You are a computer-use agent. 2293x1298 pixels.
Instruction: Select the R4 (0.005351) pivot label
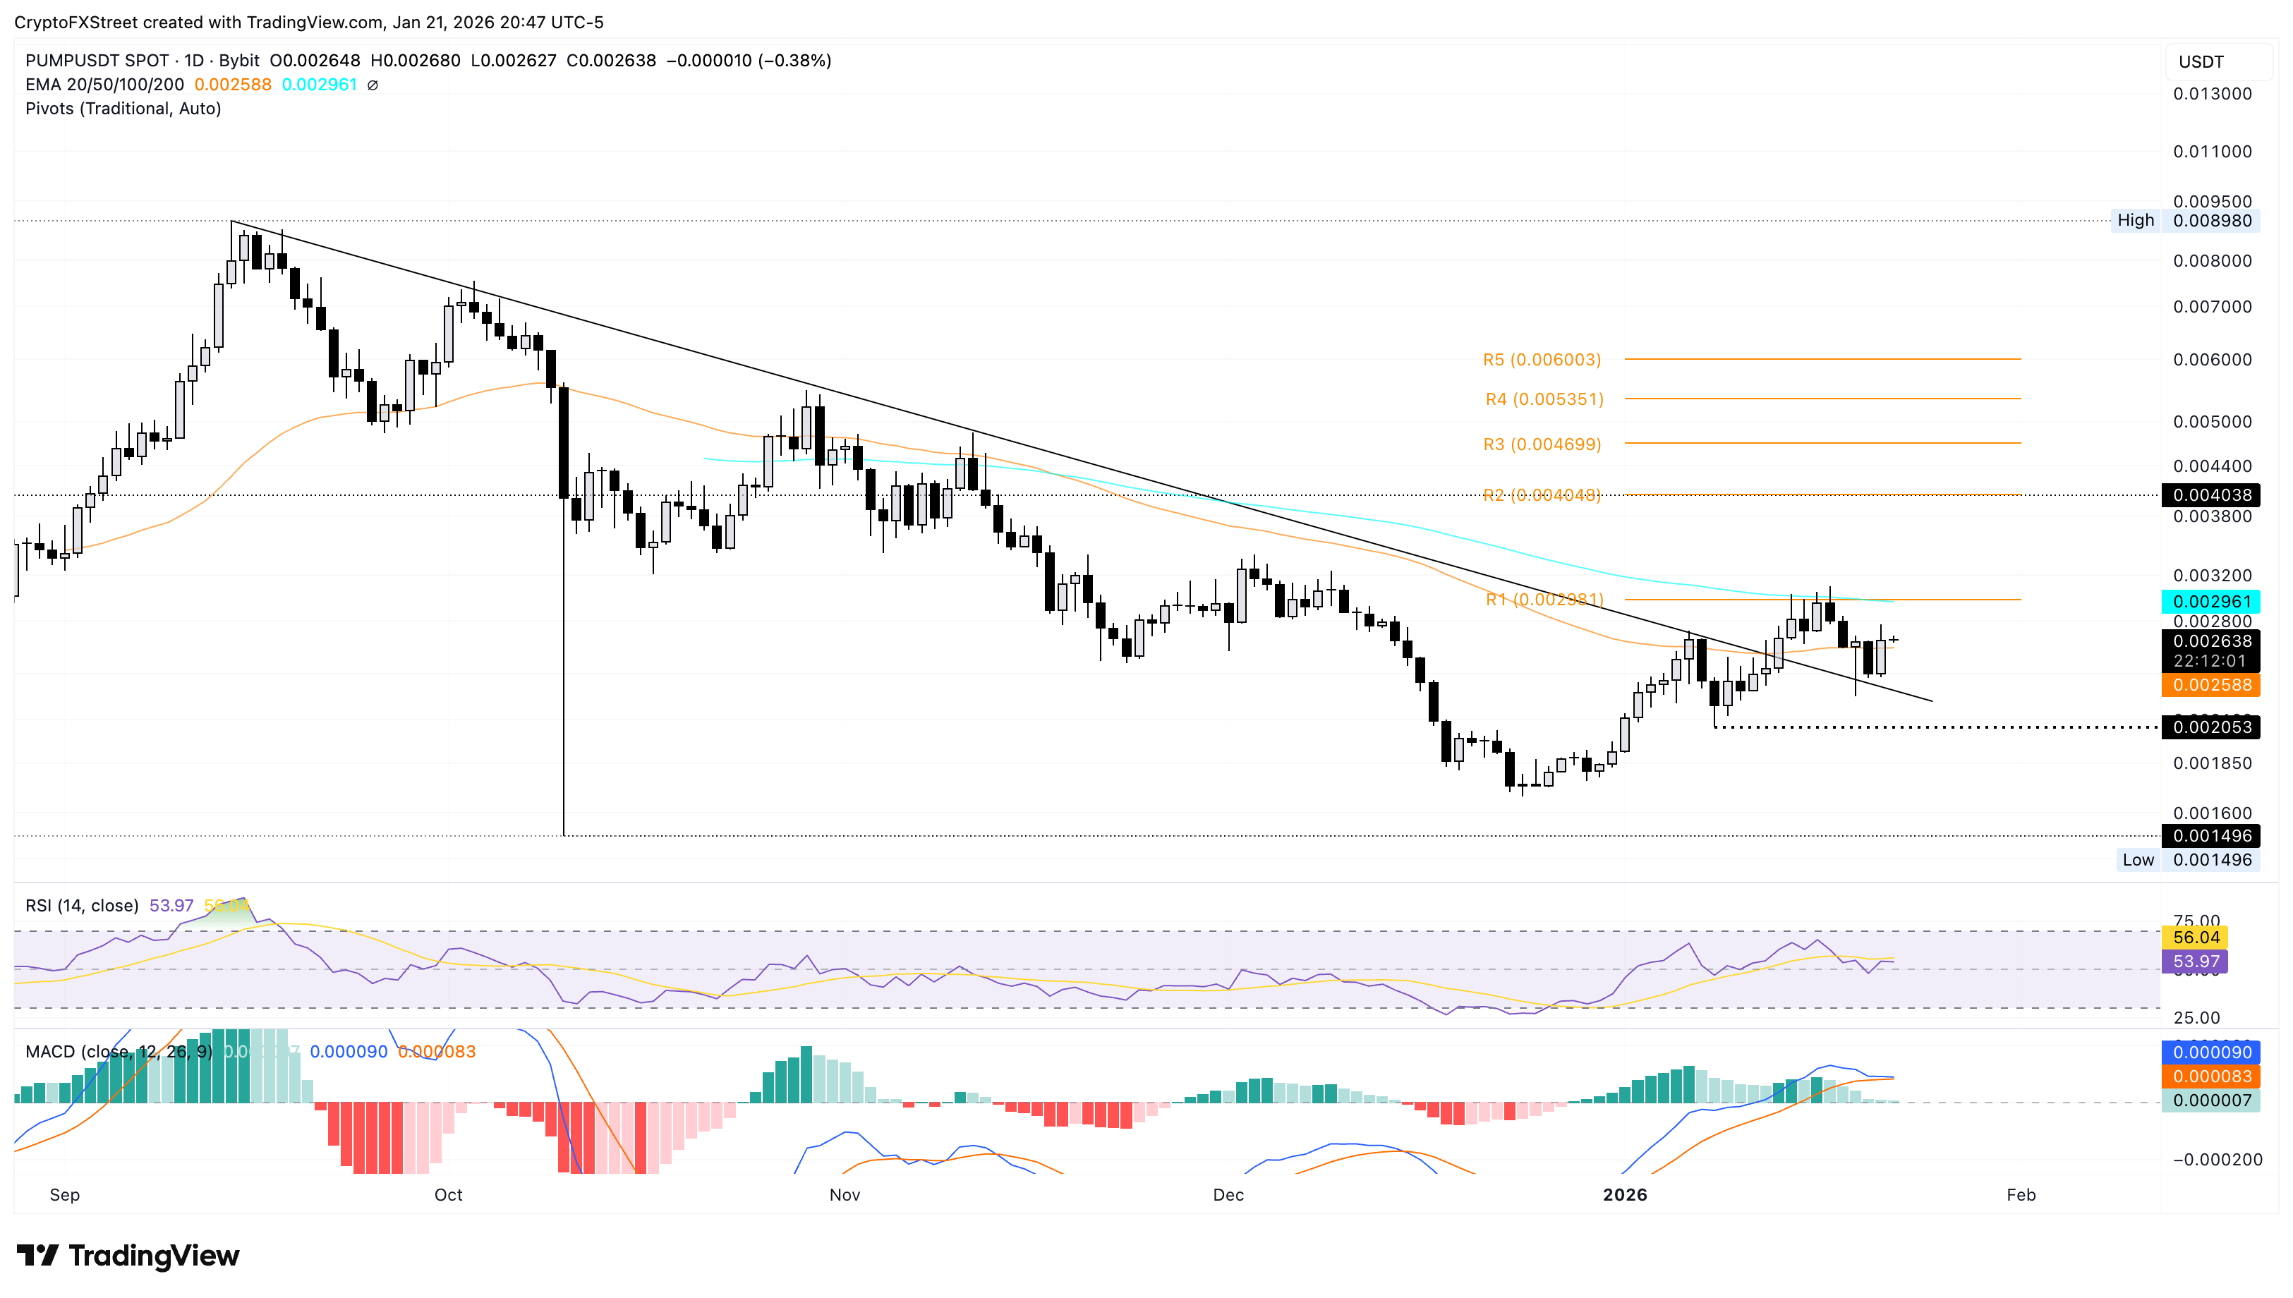tap(1543, 399)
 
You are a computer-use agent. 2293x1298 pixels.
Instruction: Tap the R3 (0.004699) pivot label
tap(1542, 444)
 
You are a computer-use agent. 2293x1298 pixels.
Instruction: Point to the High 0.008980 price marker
tap(2184, 220)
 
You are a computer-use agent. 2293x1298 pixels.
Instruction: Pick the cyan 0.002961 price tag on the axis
tap(2211, 601)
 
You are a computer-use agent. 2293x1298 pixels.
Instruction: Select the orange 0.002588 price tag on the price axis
tap(2211, 685)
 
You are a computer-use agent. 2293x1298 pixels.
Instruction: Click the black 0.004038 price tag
tap(2211, 495)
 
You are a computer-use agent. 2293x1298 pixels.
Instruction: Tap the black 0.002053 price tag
tap(2211, 727)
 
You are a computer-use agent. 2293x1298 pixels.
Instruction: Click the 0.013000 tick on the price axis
tap(2211, 94)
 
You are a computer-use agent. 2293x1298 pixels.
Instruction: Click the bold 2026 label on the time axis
tap(1624, 1194)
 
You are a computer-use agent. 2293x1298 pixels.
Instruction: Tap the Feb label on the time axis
tap(2020, 1194)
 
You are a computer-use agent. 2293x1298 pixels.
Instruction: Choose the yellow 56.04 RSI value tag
tap(2195, 937)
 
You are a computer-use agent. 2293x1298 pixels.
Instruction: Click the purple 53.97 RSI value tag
tap(2195, 961)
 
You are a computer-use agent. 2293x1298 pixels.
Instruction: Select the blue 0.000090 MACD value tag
tap(2211, 1052)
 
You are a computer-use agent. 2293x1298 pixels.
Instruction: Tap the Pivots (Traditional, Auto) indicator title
tap(123, 108)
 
